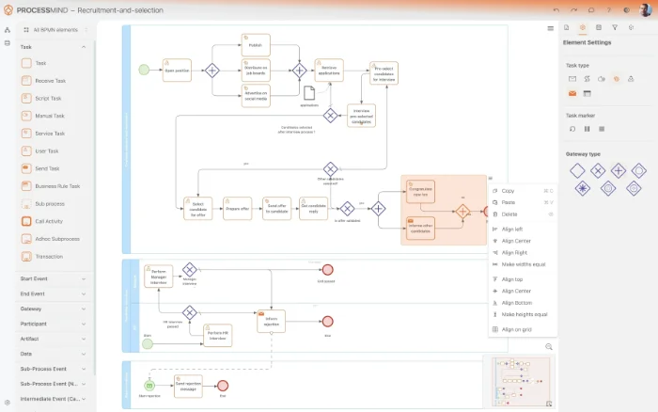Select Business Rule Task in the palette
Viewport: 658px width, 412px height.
[55, 186]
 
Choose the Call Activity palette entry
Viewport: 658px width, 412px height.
[49, 221]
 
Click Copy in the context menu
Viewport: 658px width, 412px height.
[508, 191]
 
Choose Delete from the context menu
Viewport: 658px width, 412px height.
[509, 214]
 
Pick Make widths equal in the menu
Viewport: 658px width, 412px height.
[524, 264]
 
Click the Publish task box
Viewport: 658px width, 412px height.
[255, 45]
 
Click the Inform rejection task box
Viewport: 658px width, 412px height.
[271, 321]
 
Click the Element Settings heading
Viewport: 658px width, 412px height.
[587, 42]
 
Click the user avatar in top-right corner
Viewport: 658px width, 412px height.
[646, 9]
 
